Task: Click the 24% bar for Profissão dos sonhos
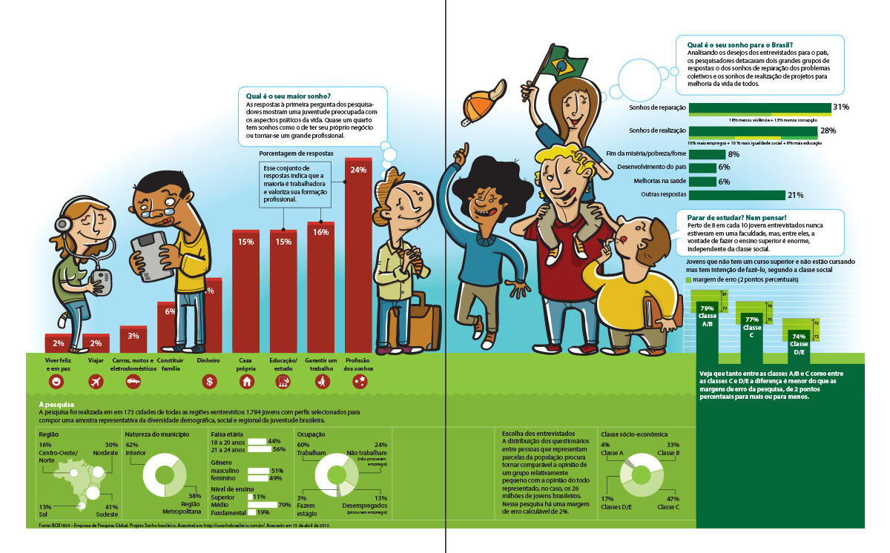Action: [x=358, y=259]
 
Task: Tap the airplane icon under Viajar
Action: [x=95, y=382]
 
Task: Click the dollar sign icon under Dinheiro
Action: [x=210, y=382]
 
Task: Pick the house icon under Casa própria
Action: [x=246, y=382]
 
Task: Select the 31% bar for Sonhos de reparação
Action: [x=759, y=108]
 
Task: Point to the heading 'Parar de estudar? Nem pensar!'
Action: [x=733, y=217]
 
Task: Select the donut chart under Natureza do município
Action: [x=165, y=474]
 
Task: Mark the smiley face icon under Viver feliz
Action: [x=56, y=382]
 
